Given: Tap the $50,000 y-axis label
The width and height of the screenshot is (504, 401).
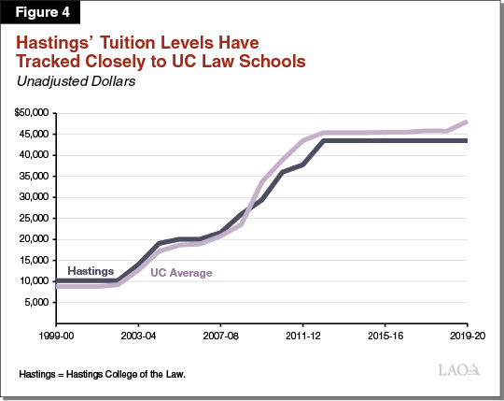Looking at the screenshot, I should tap(34, 113).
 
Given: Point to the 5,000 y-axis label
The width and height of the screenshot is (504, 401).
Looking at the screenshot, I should tap(38, 302).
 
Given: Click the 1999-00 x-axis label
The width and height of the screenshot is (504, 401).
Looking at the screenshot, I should tap(56, 334).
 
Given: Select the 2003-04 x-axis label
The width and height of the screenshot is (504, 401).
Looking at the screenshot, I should tap(138, 334).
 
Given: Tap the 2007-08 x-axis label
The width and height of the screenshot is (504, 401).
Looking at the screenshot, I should tap(220, 334).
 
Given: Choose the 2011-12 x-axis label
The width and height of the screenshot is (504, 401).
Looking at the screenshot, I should tap(302, 334).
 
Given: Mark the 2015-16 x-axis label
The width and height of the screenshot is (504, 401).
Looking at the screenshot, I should tap(385, 334).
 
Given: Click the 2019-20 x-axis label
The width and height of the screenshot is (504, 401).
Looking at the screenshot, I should tap(466, 334).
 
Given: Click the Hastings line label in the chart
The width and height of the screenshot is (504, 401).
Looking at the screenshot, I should tap(91, 269).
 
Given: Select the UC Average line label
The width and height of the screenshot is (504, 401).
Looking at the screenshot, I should tap(183, 273).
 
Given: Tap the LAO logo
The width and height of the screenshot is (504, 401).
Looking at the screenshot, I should tap(460, 371).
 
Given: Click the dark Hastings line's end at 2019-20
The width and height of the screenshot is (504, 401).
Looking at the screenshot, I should tap(466, 141).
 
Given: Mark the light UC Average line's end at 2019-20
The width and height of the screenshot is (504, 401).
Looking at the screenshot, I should tap(466, 122).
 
